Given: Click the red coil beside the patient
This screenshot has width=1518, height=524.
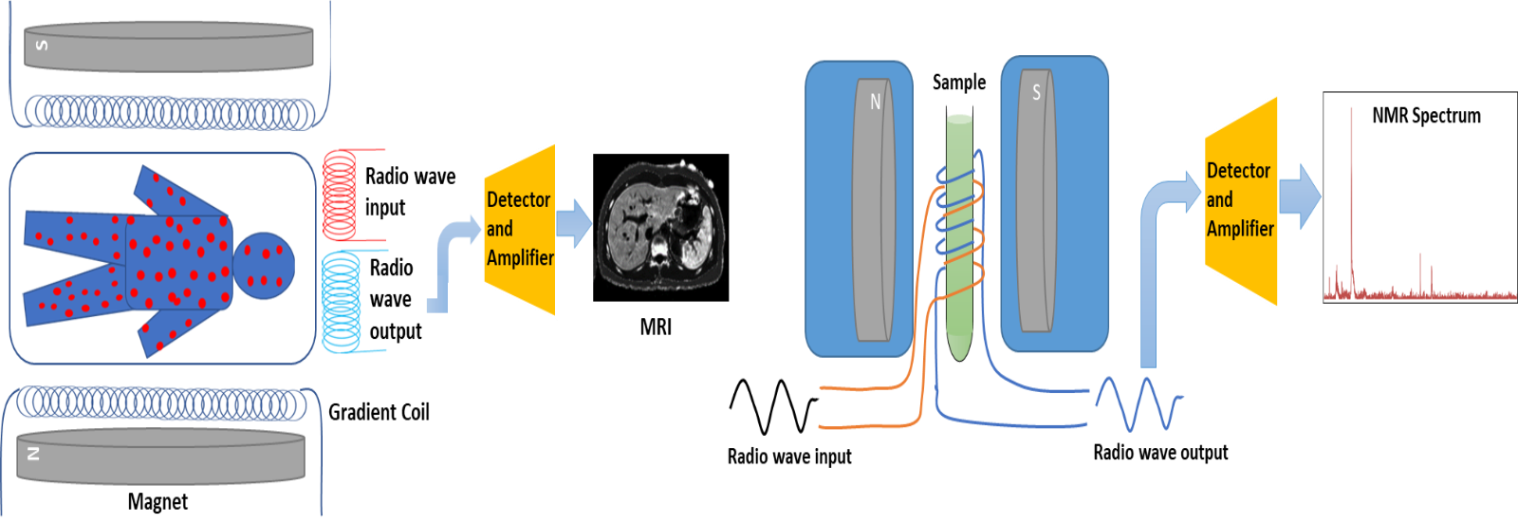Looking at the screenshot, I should coord(341,195).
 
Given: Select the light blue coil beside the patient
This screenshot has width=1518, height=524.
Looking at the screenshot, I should coord(342,301).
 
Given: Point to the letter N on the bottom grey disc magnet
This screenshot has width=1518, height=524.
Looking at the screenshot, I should coord(34,454).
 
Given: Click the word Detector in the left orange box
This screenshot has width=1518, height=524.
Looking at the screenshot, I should coord(518,199).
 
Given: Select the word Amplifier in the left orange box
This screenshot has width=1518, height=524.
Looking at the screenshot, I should coord(520,257).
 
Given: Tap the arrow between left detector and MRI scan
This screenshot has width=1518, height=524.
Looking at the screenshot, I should coord(575,225).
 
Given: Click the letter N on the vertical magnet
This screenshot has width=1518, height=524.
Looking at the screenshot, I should coord(875,102).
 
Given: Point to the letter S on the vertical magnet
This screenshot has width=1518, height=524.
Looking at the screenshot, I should coord(1036,92).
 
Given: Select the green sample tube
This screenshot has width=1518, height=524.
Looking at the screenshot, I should coord(959,237).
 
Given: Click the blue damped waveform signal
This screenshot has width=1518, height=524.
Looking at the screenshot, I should coord(1138,403).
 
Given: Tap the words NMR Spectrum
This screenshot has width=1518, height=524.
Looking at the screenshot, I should coord(1426,116).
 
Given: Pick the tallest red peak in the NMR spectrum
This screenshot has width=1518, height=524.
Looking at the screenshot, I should coord(1351,190).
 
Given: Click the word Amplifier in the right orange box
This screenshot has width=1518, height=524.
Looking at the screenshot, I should coord(1240,229).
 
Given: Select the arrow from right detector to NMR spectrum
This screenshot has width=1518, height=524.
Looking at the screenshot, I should coord(1300,197).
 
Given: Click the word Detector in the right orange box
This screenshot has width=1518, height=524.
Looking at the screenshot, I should coord(1238,171).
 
